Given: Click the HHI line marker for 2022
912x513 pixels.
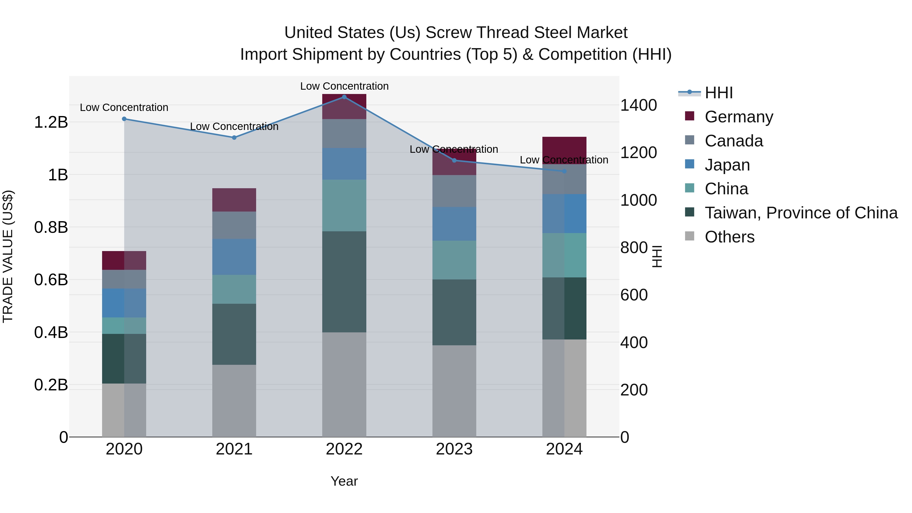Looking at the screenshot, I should point(344,97).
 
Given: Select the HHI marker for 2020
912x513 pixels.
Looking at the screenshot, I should point(124,119).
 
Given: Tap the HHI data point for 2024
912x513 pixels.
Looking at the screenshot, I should point(564,171).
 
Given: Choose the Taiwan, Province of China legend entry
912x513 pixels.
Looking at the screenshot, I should point(801,213).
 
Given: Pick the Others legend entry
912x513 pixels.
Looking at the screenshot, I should point(729,237).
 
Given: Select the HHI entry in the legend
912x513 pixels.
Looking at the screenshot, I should point(718,93).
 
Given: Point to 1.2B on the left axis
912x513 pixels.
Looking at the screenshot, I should point(51,123).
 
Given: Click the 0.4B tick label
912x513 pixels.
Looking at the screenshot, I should point(51,332).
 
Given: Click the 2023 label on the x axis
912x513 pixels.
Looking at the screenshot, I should point(454,449).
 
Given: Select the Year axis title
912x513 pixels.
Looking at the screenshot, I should point(344,481).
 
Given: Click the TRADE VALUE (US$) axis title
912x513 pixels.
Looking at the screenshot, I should point(8,256).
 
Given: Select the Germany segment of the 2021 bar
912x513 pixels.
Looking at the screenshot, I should point(234,200).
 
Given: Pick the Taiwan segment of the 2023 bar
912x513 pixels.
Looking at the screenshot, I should point(454,312).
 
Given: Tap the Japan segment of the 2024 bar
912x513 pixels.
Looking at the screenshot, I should point(564,214).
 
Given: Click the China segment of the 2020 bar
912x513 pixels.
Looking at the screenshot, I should point(124,326).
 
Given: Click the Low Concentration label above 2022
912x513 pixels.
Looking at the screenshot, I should point(344,86).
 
